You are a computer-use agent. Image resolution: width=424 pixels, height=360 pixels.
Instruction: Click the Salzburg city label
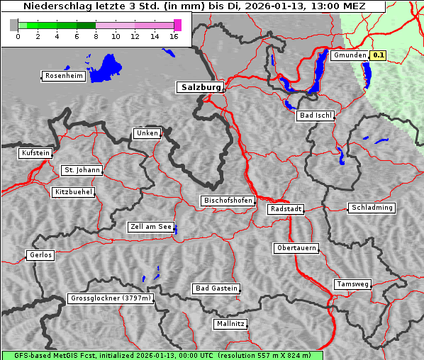click(199, 87)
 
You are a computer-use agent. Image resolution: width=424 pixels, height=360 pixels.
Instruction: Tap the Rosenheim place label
click(63, 76)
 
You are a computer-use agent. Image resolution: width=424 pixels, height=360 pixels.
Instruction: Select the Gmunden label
click(349, 55)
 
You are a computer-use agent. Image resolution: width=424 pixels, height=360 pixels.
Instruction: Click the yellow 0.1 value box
click(379, 55)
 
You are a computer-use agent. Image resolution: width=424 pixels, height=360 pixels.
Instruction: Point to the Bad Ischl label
click(316, 116)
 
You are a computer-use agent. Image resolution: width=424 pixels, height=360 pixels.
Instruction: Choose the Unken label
click(147, 133)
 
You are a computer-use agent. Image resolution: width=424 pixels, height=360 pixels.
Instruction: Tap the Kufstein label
click(35, 153)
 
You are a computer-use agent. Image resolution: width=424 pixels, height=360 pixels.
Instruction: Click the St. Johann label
click(82, 170)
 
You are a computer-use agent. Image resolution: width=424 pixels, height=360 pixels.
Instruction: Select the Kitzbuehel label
click(73, 192)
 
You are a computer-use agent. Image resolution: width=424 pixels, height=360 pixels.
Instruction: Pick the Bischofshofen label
click(228, 201)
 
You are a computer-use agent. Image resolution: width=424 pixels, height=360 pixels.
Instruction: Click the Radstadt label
click(286, 209)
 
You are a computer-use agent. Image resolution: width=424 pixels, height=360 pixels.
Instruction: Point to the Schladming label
click(372, 208)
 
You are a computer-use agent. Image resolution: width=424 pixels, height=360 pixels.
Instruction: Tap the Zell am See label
click(151, 227)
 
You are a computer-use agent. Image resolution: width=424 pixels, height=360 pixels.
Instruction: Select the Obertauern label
click(296, 248)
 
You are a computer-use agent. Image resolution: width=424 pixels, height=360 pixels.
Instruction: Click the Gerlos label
click(40, 255)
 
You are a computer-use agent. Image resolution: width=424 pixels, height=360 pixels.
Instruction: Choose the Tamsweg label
click(352, 284)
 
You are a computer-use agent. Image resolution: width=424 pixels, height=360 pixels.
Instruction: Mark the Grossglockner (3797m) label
click(111, 298)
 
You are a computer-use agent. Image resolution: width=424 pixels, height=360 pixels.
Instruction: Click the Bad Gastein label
click(216, 288)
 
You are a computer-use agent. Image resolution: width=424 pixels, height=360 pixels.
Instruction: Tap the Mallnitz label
click(230, 324)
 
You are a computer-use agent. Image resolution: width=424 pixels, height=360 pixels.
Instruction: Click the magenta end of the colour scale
click(177, 25)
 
